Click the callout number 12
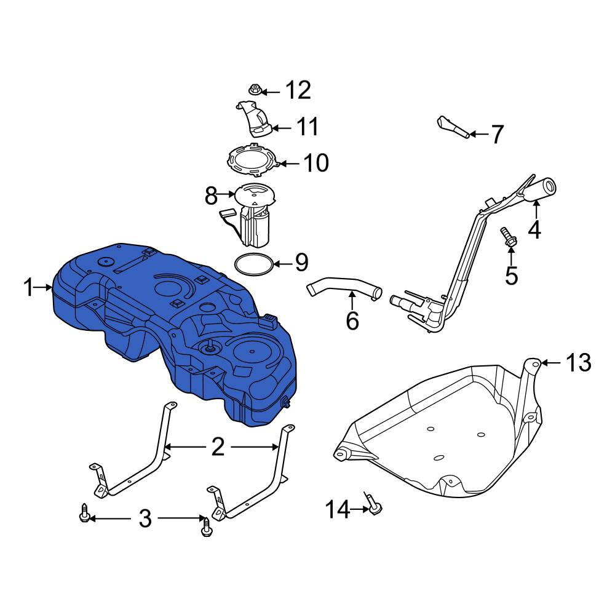(298, 90)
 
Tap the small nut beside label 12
(255, 90)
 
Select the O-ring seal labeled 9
(254, 264)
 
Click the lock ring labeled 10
(253, 161)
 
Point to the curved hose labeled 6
(344, 289)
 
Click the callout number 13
(578, 363)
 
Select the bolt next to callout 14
(373, 505)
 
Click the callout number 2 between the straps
(218, 446)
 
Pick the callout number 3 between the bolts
(145, 518)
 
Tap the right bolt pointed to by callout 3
(207, 527)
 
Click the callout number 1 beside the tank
(28, 287)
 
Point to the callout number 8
(211, 196)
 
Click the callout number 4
(534, 230)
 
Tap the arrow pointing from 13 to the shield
(551, 363)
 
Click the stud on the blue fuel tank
(210, 346)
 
